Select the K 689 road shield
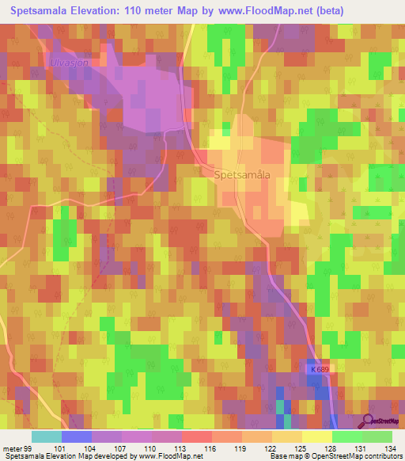click(x=319, y=370)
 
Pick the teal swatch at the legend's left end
click(x=46, y=436)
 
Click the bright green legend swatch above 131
click(x=346, y=436)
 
